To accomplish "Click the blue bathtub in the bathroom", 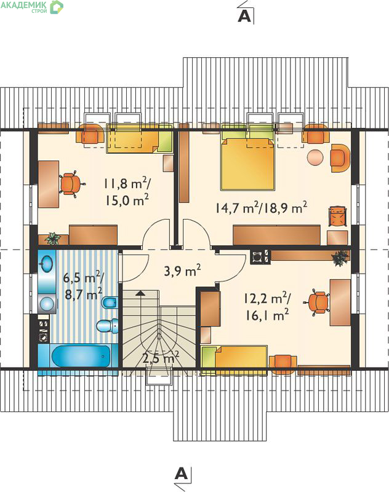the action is point(81,355).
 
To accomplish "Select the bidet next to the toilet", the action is point(110,303).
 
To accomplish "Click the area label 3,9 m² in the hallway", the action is point(182,270).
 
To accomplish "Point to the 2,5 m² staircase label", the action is point(161,358).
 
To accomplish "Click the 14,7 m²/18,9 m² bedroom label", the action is point(261,207).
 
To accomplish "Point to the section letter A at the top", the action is point(244,16).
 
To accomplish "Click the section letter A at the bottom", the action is point(182,473).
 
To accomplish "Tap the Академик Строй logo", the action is point(32,7).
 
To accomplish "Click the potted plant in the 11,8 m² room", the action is point(53,238).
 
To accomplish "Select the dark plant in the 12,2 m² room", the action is point(340,258).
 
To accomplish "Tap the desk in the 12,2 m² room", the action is point(340,303).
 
